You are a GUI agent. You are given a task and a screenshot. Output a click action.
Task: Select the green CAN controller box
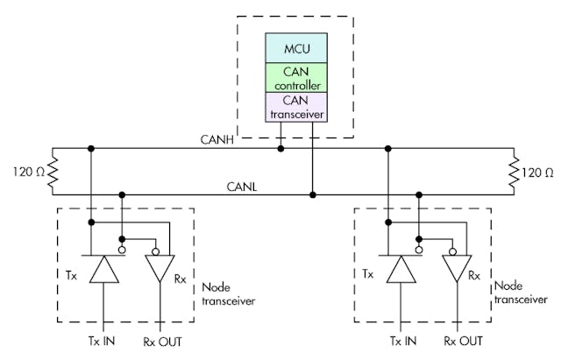(296, 76)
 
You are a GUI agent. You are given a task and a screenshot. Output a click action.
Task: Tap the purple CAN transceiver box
(296, 106)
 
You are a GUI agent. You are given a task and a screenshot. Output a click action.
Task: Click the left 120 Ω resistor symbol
(53, 171)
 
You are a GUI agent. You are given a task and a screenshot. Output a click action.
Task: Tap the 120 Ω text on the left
(25, 171)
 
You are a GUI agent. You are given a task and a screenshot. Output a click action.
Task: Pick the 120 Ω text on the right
(538, 171)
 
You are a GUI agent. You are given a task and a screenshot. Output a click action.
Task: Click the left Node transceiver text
(229, 294)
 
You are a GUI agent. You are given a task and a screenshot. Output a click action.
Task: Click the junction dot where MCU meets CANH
(280, 148)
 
